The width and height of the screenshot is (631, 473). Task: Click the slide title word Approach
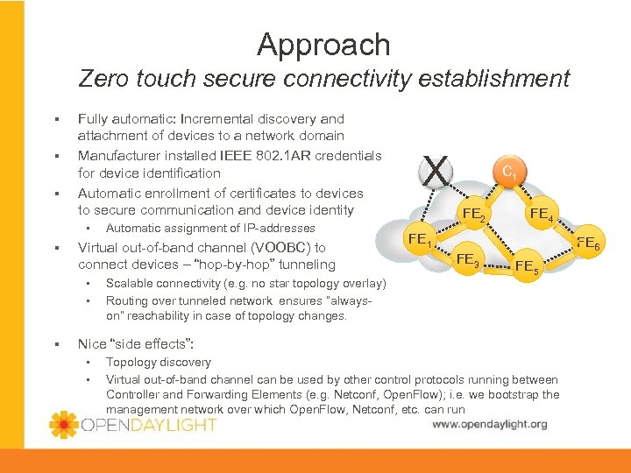[323, 45]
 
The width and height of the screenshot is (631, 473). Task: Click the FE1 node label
[419, 238]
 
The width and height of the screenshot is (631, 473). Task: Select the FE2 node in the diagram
[475, 215]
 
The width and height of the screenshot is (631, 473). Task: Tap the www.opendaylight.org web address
[489, 424]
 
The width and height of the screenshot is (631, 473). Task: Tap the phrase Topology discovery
[158, 362]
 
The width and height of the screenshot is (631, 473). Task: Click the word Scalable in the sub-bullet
[130, 284]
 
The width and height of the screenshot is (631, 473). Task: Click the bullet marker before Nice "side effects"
[55, 343]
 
